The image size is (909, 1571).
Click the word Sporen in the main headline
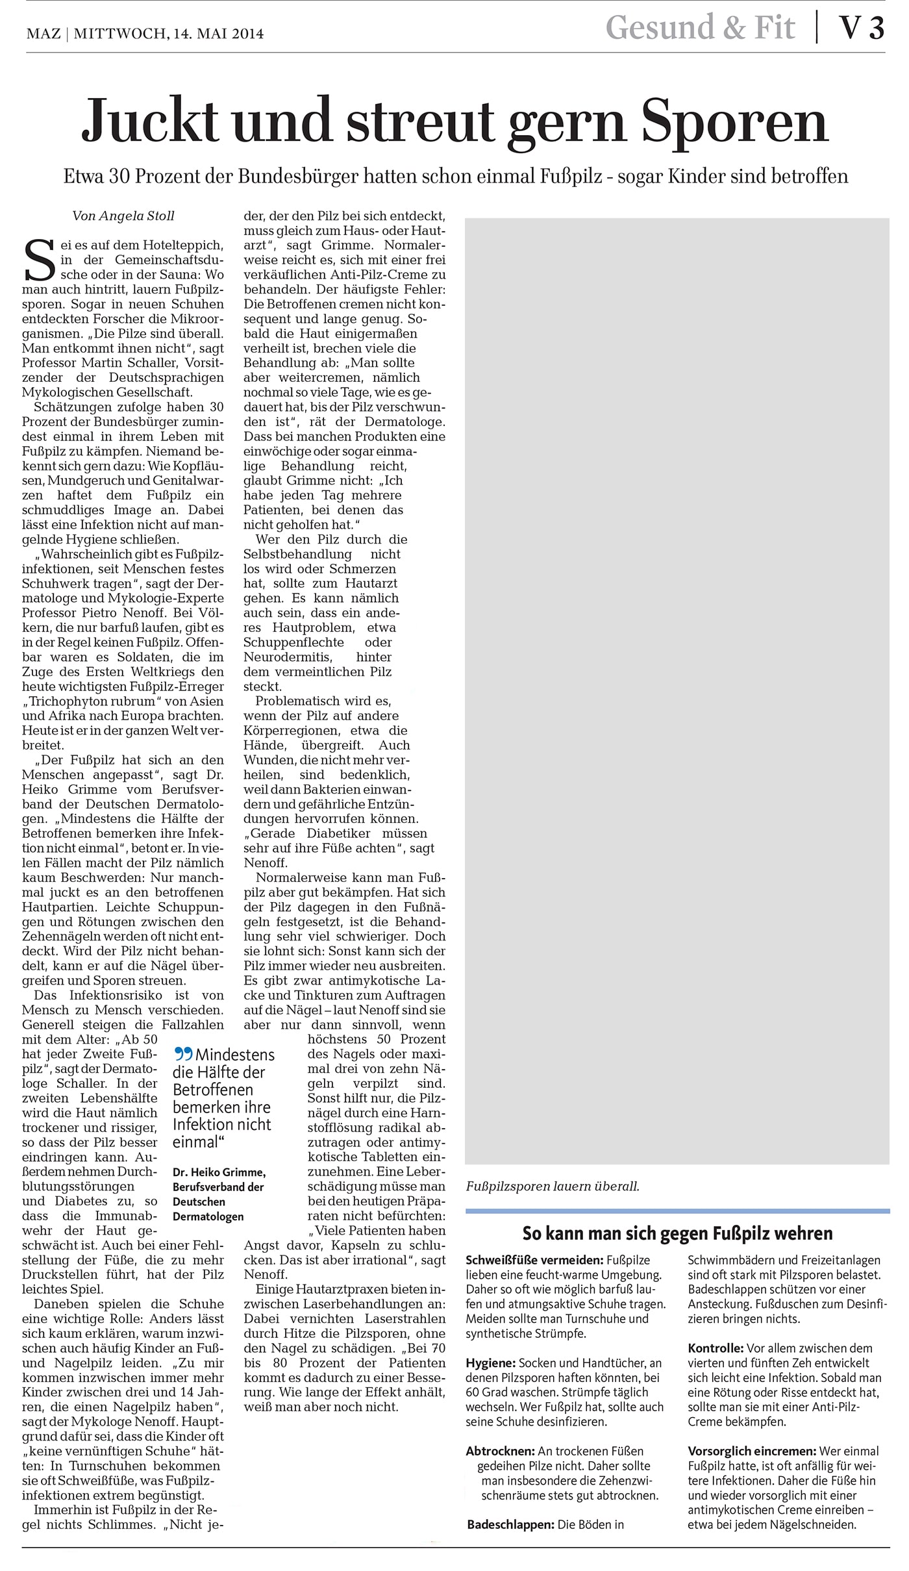pos(734,121)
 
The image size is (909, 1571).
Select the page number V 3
pos(862,29)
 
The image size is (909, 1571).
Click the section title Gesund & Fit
pos(700,29)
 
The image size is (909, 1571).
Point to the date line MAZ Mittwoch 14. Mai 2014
pos(145,34)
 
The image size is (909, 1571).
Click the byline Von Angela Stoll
pos(123,216)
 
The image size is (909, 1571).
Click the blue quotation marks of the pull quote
pos(183,1055)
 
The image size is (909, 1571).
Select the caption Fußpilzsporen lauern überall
pos(553,1187)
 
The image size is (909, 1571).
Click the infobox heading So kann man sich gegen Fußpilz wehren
pos(677,1233)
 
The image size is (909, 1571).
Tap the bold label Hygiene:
pos(490,1362)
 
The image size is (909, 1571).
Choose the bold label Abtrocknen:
pos(499,1452)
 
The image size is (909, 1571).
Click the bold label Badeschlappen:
pos(510,1524)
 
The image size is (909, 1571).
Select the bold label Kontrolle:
pos(716,1348)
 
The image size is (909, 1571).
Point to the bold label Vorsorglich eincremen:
pos(752,1452)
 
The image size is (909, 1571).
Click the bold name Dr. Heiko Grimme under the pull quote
pos(219,1172)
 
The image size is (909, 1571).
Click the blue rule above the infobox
pos(677,1211)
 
